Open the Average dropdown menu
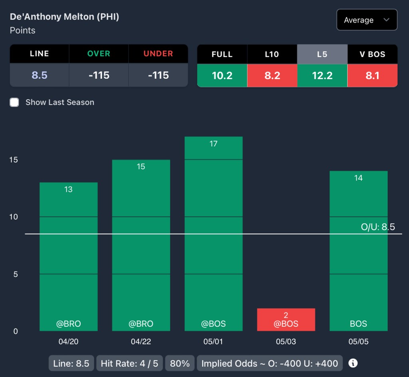(x=367, y=20)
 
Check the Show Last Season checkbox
(x=14, y=102)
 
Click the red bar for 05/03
(x=286, y=320)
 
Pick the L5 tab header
(x=322, y=54)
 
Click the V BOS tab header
(x=372, y=54)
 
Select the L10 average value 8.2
(x=272, y=75)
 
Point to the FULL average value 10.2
(x=222, y=75)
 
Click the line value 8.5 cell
(x=40, y=75)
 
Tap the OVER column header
(x=99, y=54)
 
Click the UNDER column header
(x=158, y=54)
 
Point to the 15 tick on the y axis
(x=14, y=160)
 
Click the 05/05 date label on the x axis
(x=358, y=342)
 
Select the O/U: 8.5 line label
(x=378, y=227)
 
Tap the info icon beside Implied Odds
(x=353, y=363)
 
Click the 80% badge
(x=180, y=363)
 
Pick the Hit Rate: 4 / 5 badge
(x=129, y=363)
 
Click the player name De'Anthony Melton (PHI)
(x=64, y=17)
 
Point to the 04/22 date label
(x=141, y=342)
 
